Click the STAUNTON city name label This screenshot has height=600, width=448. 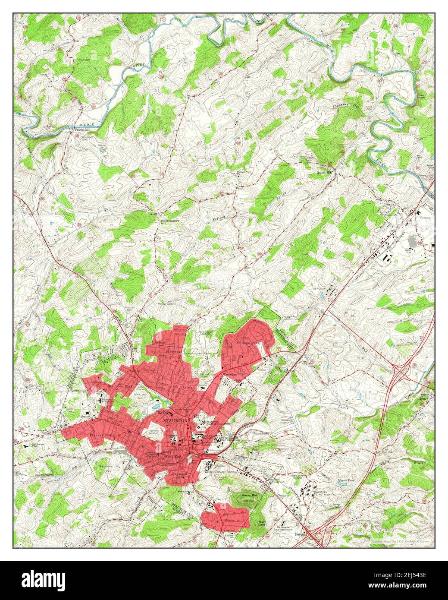[175, 420]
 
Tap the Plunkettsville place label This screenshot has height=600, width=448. [103, 435]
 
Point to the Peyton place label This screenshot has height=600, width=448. [299, 534]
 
